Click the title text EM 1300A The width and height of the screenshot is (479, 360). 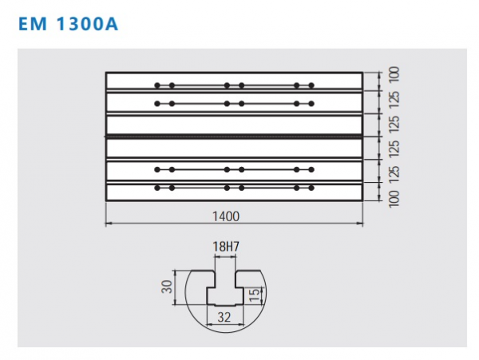(68, 24)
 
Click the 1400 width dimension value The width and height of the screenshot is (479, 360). (226, 216)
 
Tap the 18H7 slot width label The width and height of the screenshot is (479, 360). (226, 247)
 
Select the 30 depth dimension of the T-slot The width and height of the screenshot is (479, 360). (167, 287)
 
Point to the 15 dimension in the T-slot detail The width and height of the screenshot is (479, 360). (254, 295)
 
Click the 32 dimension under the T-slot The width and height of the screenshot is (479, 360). (224, 318)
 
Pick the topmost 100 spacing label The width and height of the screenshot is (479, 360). (394, 74)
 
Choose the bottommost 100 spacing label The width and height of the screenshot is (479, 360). (394, 199)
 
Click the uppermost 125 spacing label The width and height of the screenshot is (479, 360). (394, 99)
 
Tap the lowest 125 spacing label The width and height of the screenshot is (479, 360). (394, 174)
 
